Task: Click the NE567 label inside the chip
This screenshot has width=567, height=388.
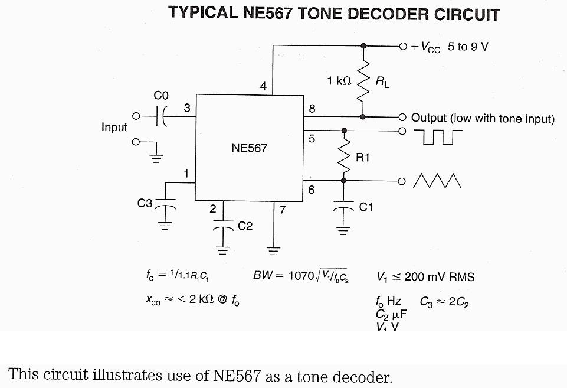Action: [249, 148]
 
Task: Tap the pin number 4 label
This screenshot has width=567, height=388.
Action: [263, 87]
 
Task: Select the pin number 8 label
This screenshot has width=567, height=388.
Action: [312, 108]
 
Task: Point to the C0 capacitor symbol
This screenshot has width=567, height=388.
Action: [160, 116]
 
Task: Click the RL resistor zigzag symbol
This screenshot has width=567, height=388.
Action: [363, 80]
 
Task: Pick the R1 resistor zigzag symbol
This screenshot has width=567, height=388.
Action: [343, 155]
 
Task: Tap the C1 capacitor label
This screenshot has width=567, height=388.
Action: [366, 207]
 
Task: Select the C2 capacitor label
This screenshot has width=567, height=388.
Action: [245, 226]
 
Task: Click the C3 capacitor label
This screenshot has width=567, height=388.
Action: [145, 204]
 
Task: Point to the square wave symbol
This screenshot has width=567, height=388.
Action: [438, 137]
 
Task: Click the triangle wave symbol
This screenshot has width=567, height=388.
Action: [437, 181]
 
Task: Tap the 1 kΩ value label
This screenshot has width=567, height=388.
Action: [339, 81]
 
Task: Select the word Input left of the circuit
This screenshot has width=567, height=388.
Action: [114, 128]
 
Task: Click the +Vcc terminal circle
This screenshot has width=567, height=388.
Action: [403, 46]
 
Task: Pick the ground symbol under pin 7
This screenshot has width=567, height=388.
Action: [274, 250]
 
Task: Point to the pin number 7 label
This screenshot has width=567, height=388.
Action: [283, 209]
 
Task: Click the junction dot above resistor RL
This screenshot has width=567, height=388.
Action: [363, 46]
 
